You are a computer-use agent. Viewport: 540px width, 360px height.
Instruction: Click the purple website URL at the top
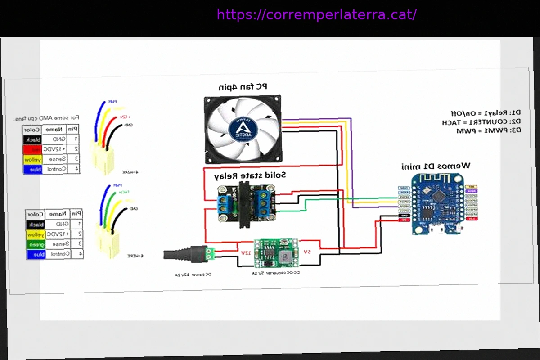point(316,15)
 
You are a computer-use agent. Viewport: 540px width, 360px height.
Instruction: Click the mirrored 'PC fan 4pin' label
point(243,86)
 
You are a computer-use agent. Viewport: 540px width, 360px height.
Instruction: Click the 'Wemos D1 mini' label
point(436,166)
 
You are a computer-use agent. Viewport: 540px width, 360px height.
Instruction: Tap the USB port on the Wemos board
point(435,230)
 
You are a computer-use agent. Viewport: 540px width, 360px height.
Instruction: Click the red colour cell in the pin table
point(33,149)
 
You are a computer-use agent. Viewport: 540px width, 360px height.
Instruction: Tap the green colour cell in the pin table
point(35,244)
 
